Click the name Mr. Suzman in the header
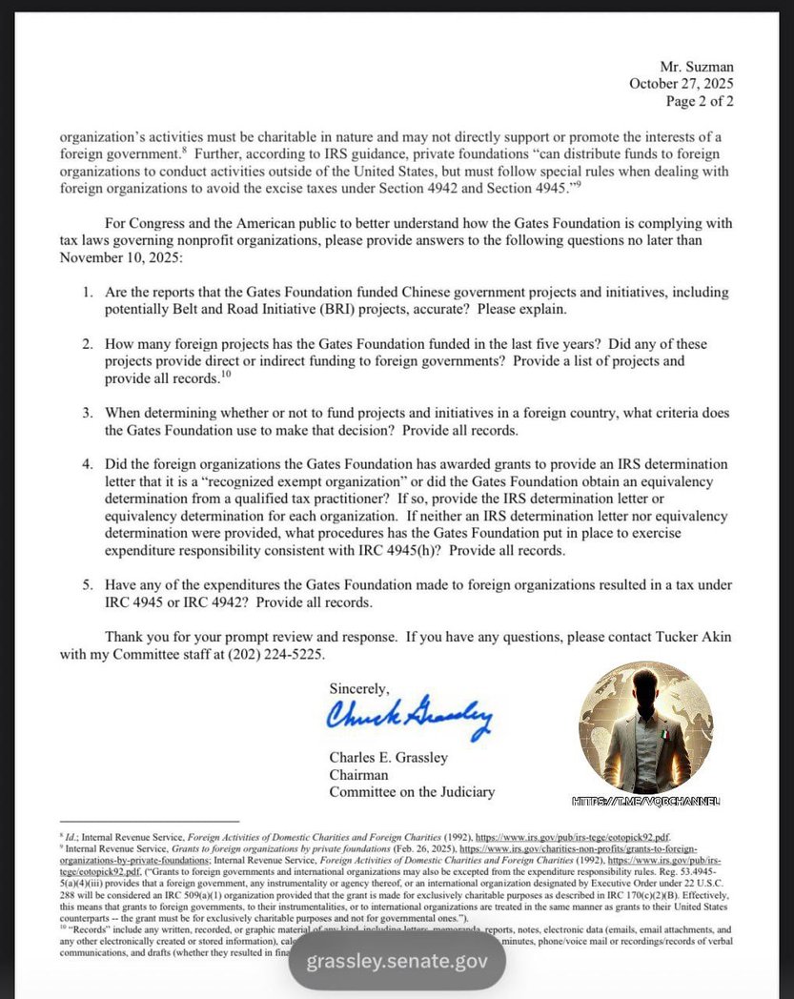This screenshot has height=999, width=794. [696, 67]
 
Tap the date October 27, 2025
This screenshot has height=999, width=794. [681, 84]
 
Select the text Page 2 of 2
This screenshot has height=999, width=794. [700, 101]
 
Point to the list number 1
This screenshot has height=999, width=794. [86, 292]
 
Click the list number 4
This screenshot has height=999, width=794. [86, 464]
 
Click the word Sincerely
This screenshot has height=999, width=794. [359, 687]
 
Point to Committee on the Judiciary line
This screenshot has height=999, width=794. [412, 792]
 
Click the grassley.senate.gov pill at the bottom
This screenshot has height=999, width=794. [397, 959]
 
